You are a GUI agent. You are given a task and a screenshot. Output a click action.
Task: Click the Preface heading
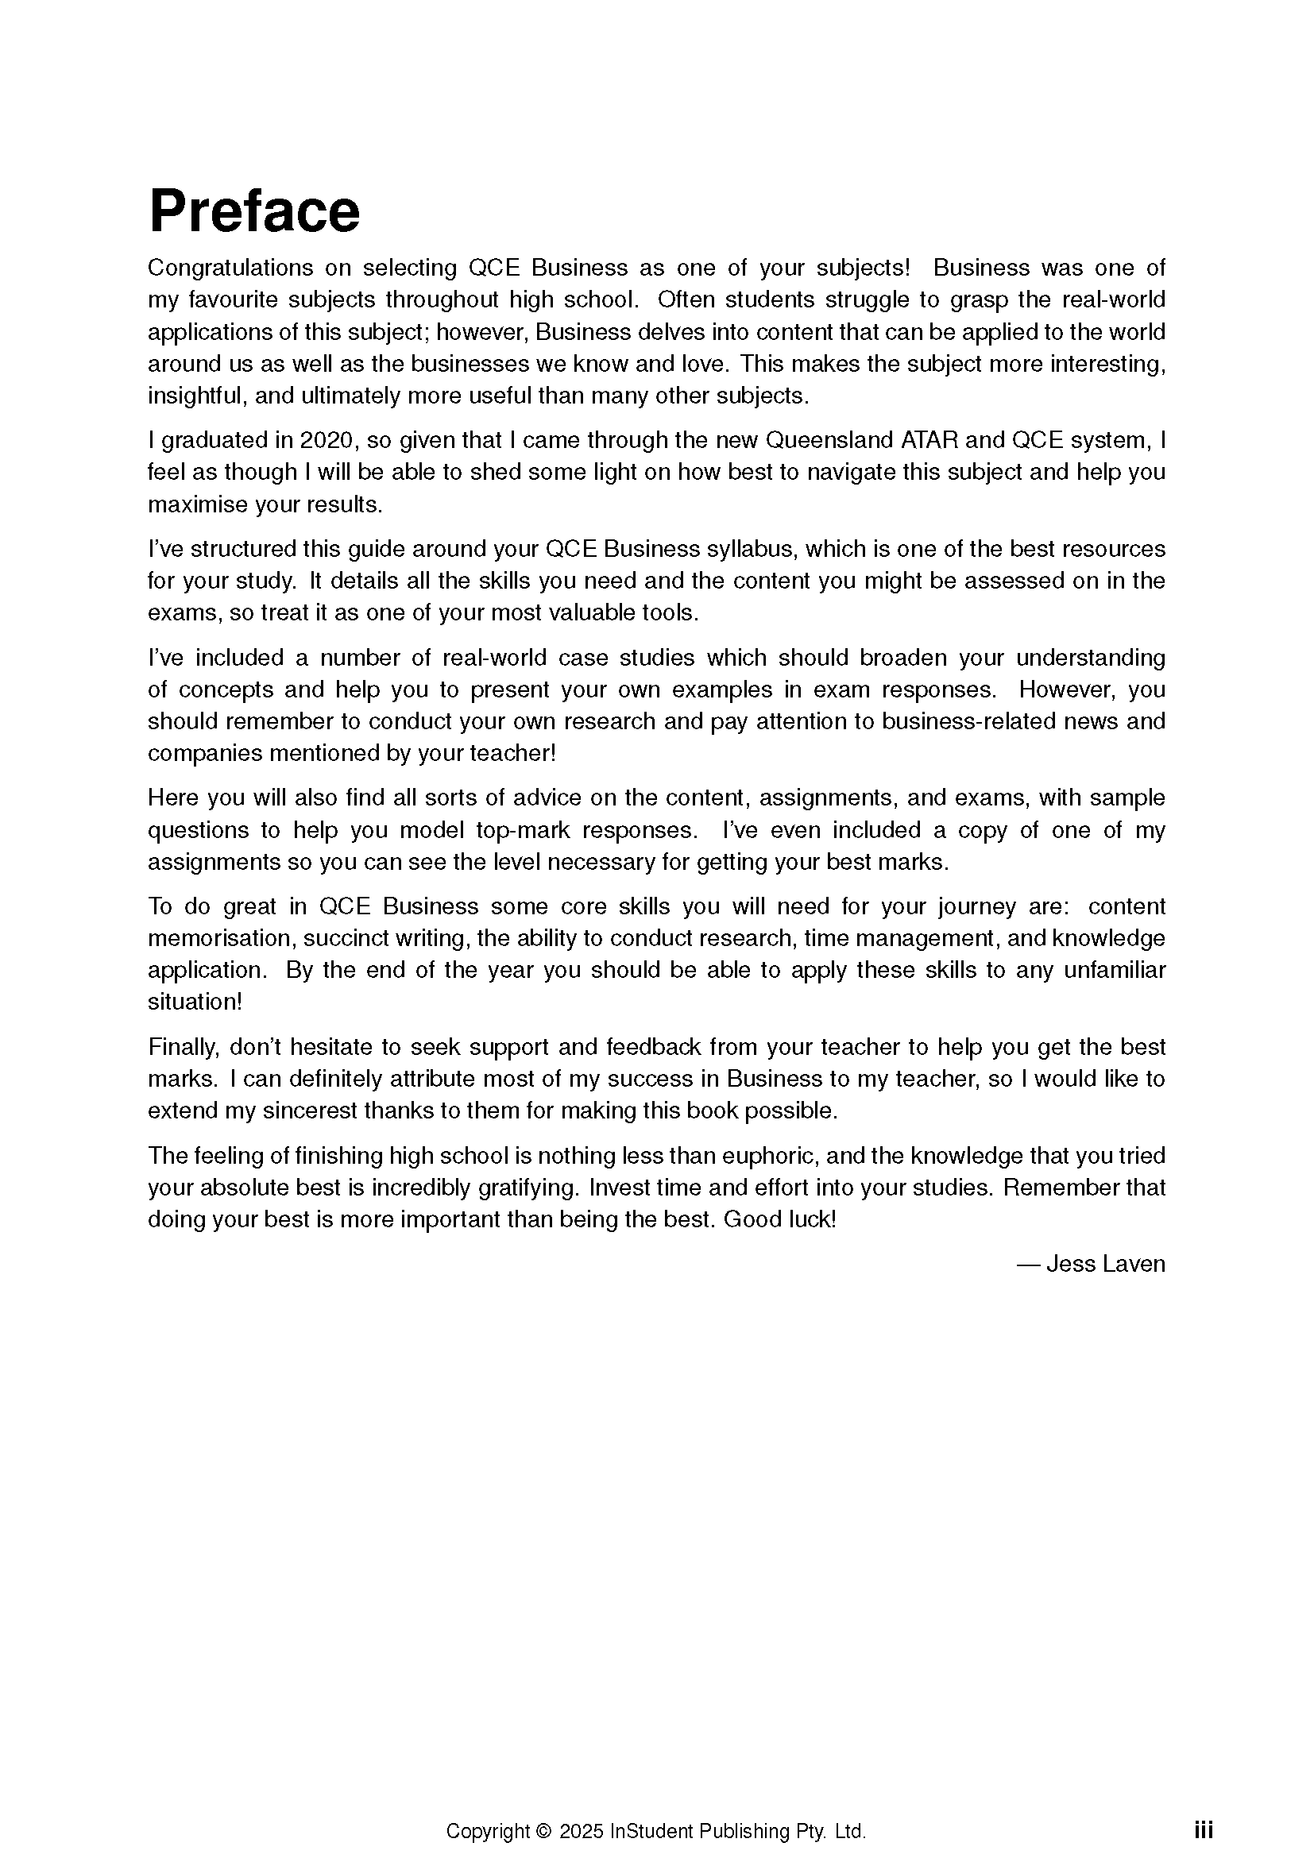(x=254, y=211)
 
